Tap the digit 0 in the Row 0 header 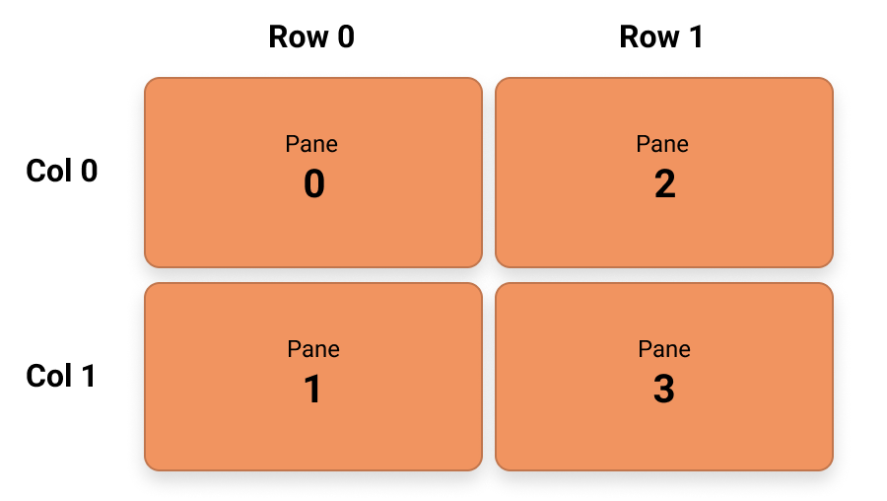pos(344,37)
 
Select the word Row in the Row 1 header pos(648,37)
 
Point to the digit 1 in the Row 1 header pos(695,37)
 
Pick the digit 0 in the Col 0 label pos(89,172)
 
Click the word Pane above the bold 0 pos(311,144)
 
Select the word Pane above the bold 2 pos(662,144)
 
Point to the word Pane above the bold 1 pos(313,349)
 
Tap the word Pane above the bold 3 pos(664,349)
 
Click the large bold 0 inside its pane pos(313,185)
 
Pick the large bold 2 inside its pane pos(664,185)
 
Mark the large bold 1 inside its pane pos(312,391)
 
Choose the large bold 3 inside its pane pos(664,391)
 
